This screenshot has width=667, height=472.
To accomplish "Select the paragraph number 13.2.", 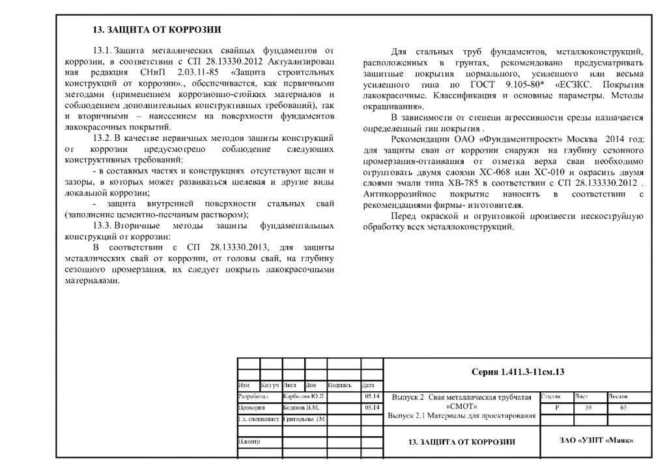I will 103,138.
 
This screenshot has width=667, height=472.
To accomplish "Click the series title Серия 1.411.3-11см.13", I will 517,372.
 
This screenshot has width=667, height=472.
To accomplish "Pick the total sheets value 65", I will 624,407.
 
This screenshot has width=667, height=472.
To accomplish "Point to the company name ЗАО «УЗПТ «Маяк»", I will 596,441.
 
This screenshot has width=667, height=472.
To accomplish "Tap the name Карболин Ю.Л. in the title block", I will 304,396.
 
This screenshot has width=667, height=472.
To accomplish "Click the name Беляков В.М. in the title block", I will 300,407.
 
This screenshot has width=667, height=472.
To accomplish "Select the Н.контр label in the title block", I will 250,442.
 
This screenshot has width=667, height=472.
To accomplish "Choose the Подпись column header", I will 341,385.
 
